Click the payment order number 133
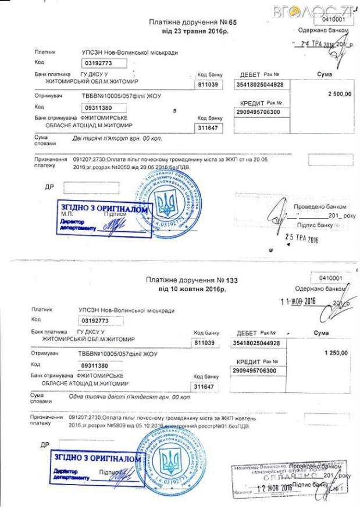point(232,280)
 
